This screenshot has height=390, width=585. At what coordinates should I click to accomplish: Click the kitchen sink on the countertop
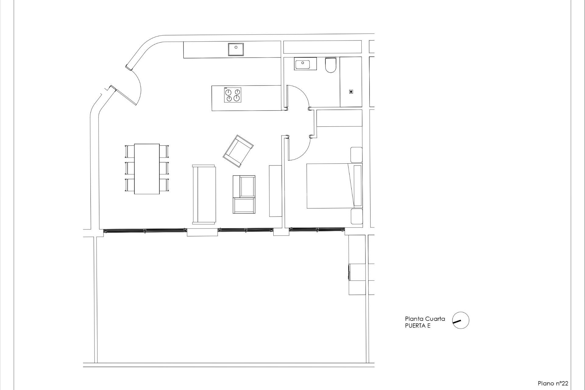click(236, 49)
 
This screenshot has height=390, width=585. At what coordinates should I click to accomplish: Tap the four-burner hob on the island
click(233, 95)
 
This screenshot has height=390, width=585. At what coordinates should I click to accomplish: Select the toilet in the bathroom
click(330, 65)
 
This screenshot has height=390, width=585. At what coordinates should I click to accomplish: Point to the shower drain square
click(351, 92)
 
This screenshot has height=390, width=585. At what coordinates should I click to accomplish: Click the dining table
click(147, 169)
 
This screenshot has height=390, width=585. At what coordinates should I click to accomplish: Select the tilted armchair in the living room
click(238, 151)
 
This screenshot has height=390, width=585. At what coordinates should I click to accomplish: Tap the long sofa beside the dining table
click(204, 194)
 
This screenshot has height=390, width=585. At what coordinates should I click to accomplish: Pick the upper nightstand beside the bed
click(356, 155)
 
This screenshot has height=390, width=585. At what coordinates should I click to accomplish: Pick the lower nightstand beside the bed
click(356, 216)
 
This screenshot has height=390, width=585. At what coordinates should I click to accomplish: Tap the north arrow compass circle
click(460, 320)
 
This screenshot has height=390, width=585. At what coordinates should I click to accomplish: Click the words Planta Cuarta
click(425, 319)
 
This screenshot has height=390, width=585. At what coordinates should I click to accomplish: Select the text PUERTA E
click(417, 326)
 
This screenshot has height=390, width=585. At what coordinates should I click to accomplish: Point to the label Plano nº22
click(553, 383)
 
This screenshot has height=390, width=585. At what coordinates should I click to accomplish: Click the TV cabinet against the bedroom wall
click(275, 191)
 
